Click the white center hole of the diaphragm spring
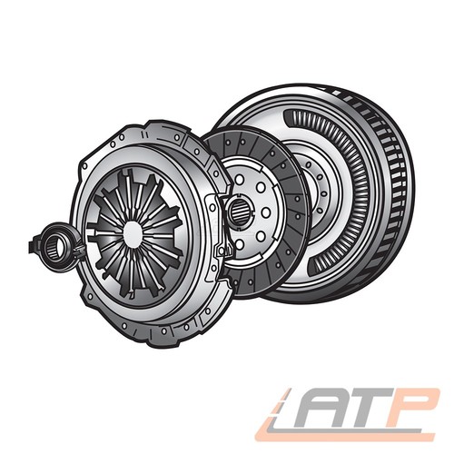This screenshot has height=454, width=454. coord(133,235)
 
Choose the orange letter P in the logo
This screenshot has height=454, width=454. coord(411,407)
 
